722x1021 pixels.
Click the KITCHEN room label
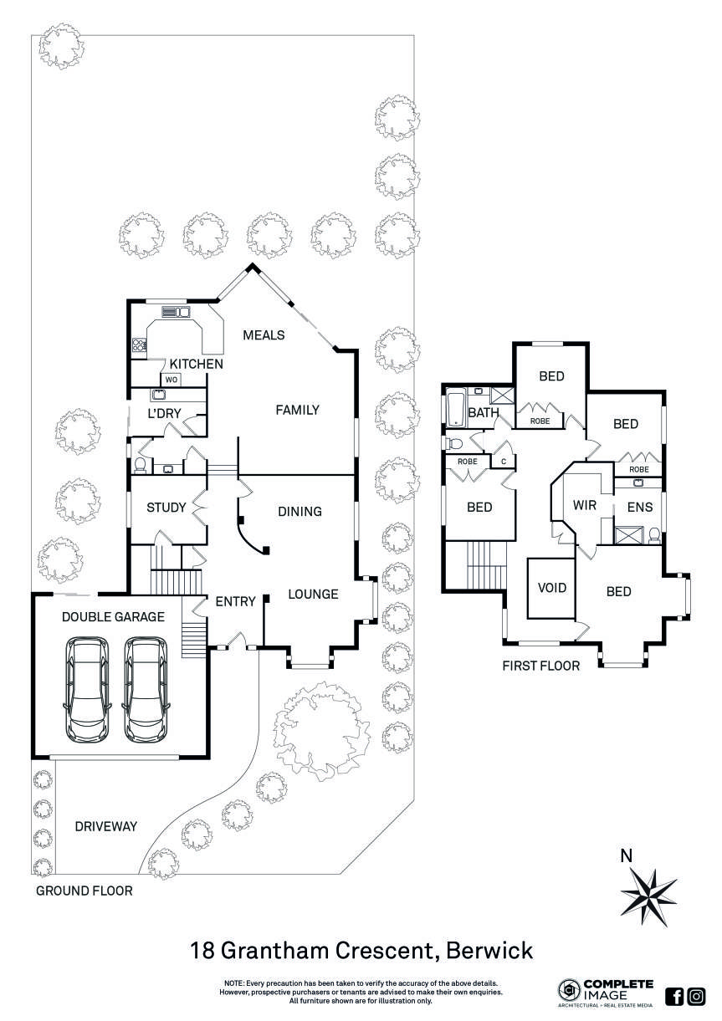196,365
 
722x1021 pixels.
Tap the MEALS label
264,335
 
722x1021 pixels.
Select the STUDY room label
166,508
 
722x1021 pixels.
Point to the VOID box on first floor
552,588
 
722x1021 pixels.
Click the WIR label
584,506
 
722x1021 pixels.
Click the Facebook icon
674,996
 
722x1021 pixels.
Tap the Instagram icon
696,996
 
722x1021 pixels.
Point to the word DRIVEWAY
105,826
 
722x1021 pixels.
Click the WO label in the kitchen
171,380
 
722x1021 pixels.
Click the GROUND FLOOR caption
84,891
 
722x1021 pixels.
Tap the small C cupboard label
504,461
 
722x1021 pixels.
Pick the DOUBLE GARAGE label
113,616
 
